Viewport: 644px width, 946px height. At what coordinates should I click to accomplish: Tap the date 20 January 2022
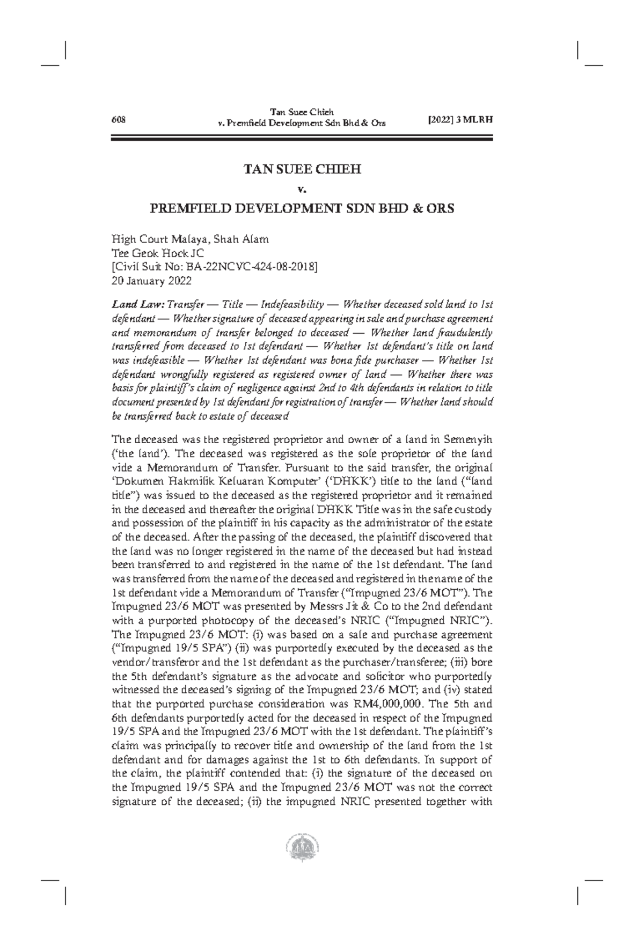[x=151, y=280]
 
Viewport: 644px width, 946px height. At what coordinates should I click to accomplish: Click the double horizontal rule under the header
[x=302, y=139]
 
